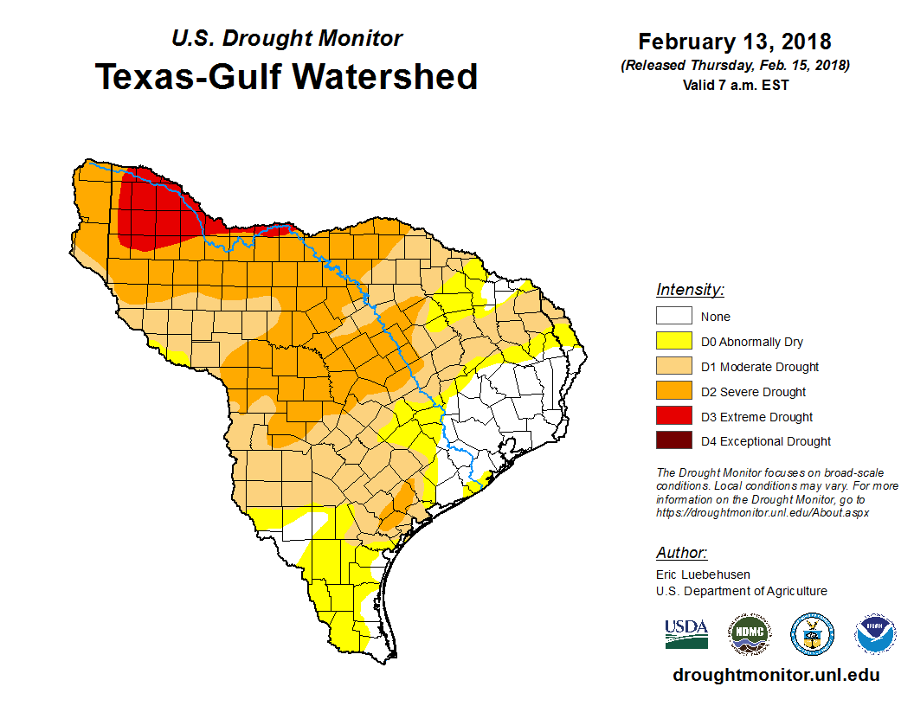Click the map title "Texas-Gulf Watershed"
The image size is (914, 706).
click(x=286, y=77)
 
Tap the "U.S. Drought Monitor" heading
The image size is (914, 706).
click(x=286, y=39)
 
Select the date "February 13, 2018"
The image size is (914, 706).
click(x=735, y=42)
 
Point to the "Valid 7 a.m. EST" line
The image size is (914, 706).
click(x=735, y=85)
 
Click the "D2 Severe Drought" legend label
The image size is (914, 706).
click(x=753, y=392)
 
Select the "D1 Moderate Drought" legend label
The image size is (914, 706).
click(x=759, y=367)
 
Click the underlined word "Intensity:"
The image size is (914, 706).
click(x=690, y=290)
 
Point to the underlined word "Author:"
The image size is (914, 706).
click(x=681, y=553)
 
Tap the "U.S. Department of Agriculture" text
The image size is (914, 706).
click(x=741, y=591)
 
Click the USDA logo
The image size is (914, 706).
click(x=685, y=633)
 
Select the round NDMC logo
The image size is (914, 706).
click(x=749, y=635)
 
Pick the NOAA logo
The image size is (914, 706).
click(x=876, y=635)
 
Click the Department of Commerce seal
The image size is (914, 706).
click(x=812, y=635)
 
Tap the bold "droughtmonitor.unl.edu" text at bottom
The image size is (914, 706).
click(x=776, y=676)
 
